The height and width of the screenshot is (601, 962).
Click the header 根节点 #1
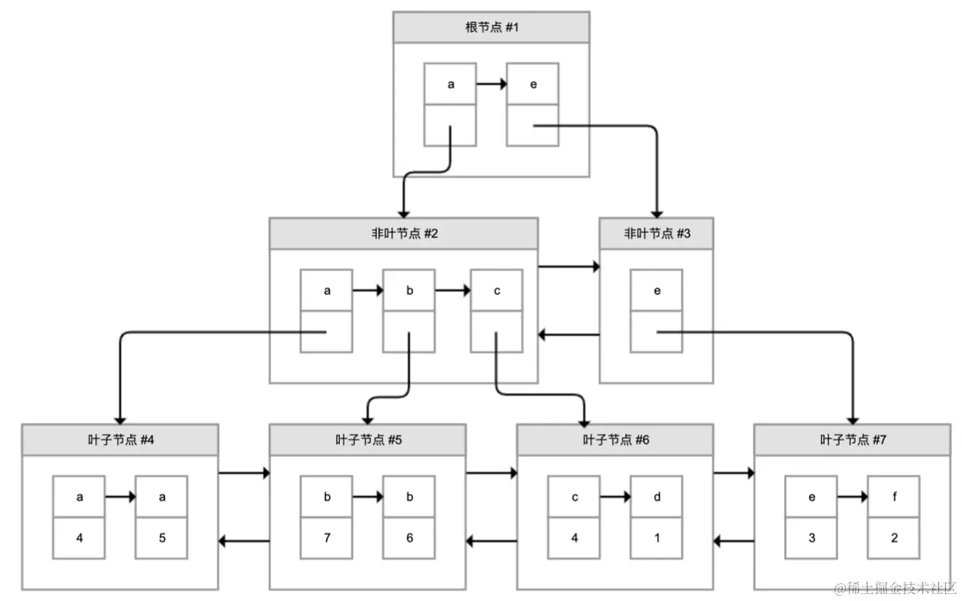491,27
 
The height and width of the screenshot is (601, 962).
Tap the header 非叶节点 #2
403,233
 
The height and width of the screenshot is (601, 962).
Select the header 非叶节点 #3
657,233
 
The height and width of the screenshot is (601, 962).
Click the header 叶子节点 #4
119,440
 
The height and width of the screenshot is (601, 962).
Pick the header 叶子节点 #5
367,440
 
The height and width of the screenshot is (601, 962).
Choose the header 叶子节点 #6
614,440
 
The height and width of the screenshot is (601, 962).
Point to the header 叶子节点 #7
852,440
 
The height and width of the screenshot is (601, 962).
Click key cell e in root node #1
533,84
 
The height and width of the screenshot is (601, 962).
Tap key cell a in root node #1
450,84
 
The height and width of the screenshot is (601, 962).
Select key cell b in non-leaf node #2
409,290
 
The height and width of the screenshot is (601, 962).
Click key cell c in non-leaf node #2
496,290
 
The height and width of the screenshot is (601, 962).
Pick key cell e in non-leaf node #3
657,290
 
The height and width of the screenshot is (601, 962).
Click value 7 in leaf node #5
326,538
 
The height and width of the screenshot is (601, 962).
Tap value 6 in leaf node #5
409,538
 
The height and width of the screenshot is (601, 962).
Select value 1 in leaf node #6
656,538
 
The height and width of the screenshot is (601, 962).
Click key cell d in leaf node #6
656,497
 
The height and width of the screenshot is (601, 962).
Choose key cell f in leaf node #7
893,497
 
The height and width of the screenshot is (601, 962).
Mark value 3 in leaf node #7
811,538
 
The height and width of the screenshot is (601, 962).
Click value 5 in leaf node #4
161,538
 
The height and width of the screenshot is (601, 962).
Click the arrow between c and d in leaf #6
614,497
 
